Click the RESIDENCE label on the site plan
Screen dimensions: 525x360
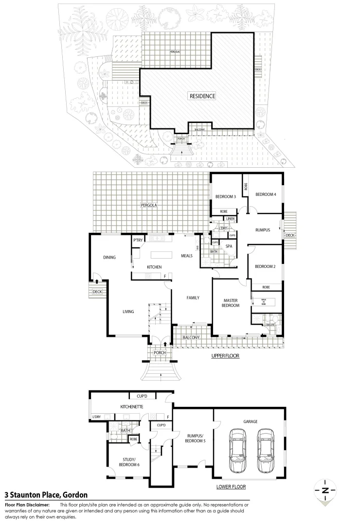click(x=202, y=96)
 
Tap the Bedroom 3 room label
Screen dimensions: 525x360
click(x=225, y=197)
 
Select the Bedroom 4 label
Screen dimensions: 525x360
click(x=266, y=194)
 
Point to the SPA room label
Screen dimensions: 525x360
click(x=228, y=246)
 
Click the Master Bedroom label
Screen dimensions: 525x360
click(x=231, y=302)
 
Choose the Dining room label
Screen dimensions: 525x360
click(x=109, y=257)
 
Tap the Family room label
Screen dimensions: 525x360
click(x=193, y=297)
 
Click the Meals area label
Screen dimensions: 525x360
click(x=187, y=256)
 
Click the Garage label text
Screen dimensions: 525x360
click(x=250, y=421)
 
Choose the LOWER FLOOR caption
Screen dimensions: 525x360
click(x=231, y=486)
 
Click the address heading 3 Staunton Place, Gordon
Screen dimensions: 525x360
click(x=46, y=495)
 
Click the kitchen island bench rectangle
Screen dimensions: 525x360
click(x=164, y=255)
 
